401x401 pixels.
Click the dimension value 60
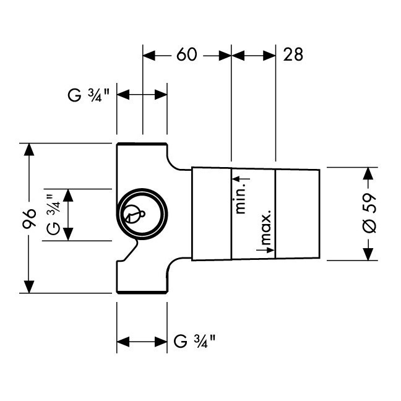[187, 54]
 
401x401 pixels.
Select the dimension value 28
[293, 54]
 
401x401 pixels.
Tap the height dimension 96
[29, 218]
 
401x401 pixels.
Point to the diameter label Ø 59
[369, 213]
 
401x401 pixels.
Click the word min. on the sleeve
[240, 201]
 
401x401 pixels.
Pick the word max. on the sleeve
[265, 227]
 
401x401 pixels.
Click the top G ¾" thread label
[88, 95]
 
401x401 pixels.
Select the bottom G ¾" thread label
[194, 341]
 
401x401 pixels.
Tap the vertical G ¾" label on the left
[54, 214]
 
